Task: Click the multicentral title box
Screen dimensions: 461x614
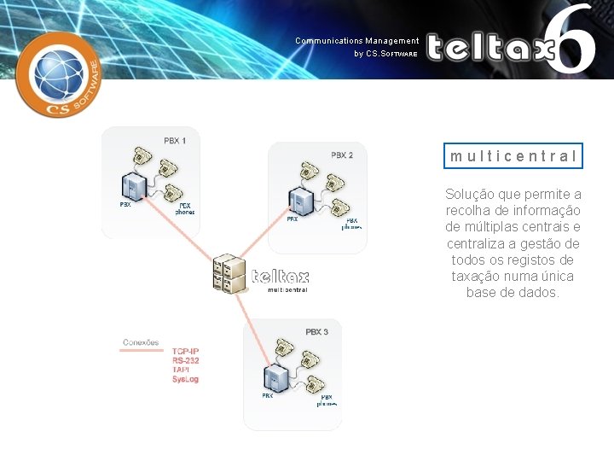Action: click(x=514, y=156)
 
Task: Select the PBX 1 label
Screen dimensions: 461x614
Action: click(x=175, y=140)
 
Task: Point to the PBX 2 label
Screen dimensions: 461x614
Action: click(x=342, y=155)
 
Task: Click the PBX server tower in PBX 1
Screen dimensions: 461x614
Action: click(x=132, y=186)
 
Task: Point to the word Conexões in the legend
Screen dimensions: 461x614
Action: click(x=141, y=342)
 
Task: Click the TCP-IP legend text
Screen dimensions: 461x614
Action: click(x=187, y=352)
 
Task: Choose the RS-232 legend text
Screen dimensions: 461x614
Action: click(x=187, y=360)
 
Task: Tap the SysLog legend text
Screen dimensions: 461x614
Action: click(x=185, y=379)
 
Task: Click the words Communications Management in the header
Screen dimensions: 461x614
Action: click(x=357, y=41)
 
